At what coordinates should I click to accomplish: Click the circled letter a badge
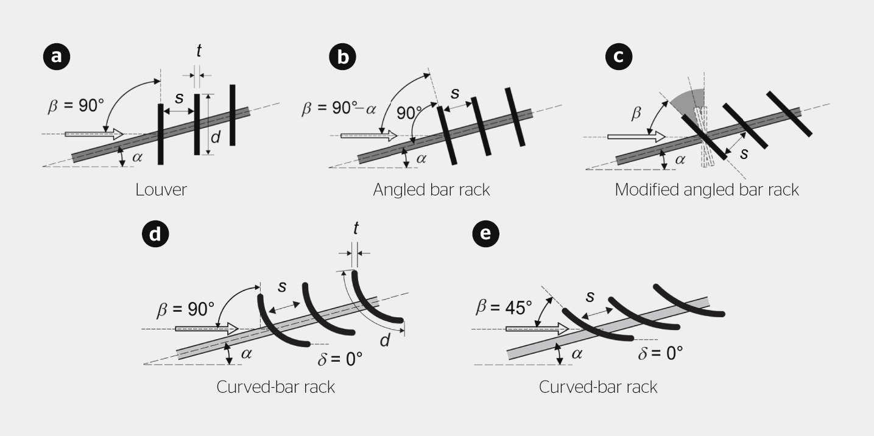(57, 57)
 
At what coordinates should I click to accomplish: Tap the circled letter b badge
(342, 57)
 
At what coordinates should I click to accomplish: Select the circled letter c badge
(619, 57)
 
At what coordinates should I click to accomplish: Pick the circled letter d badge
(155, 234)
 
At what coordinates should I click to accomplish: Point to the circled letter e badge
(485, 234)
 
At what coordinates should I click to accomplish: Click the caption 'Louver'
(161, 189)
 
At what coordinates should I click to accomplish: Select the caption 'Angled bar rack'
(431, 189)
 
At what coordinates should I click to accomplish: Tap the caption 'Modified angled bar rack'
(707, 189)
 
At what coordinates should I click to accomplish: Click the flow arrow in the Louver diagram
(94, 133)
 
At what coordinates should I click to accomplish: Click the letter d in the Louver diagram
(215, 138)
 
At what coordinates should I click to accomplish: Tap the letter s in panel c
(744, 153)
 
